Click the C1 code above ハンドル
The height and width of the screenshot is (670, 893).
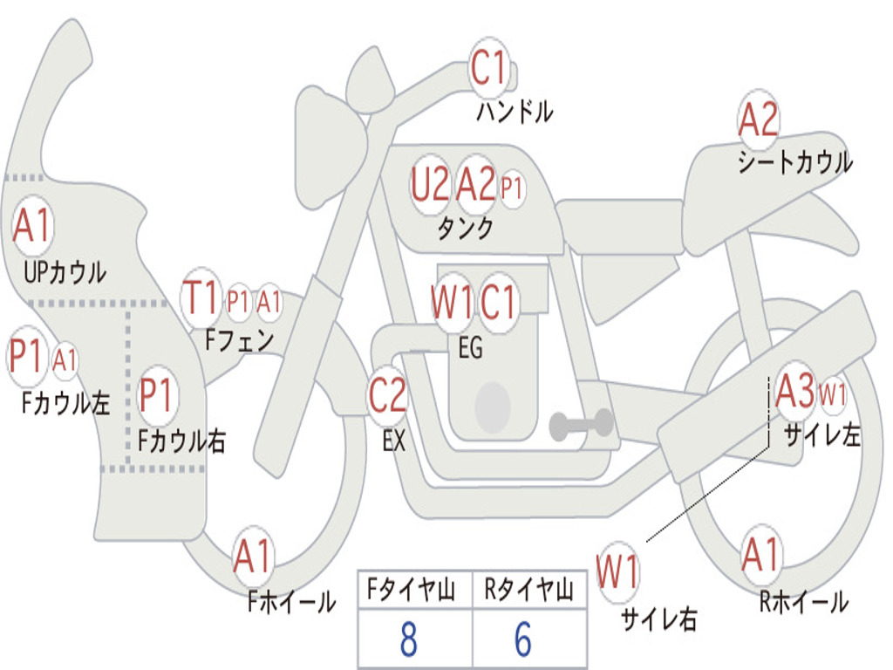489,68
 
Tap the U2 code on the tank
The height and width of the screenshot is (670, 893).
430,185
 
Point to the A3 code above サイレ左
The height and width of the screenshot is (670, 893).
794,392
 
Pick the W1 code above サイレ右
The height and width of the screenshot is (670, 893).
617,573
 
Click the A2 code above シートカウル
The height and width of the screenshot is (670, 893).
758,120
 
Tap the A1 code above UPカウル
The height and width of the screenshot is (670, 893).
32,227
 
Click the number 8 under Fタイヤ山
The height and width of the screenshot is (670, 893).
408,639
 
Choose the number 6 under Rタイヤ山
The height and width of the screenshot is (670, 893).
523,639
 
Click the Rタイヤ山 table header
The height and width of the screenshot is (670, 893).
528,591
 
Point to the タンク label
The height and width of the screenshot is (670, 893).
465,229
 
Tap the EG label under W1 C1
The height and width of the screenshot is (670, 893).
470,348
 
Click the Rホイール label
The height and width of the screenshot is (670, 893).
803,601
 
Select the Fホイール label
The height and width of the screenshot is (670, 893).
291,601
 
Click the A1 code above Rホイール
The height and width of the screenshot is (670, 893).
760,556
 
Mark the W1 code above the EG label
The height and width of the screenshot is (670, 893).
452,304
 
